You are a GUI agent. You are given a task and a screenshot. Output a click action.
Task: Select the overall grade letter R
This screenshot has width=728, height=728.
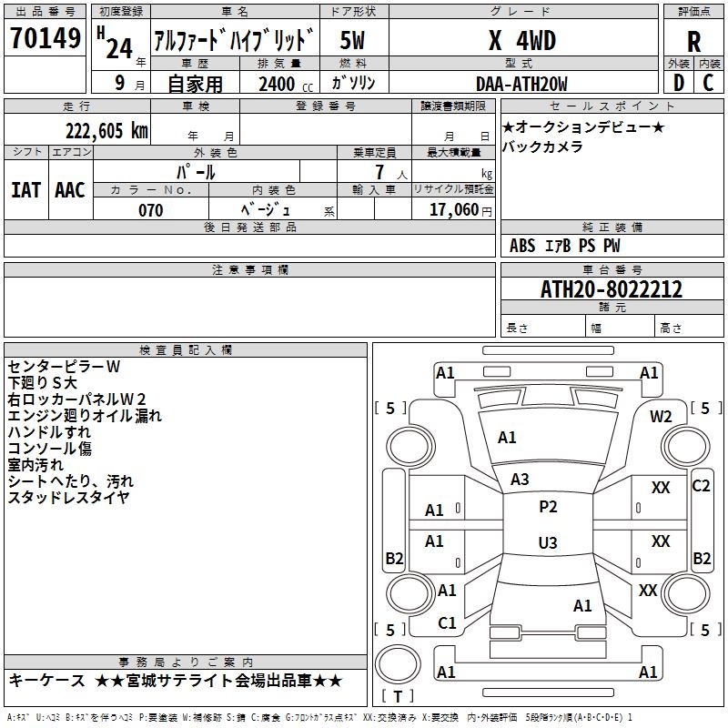coord(694,42)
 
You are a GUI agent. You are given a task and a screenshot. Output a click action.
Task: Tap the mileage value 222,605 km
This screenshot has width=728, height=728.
coord(106,131)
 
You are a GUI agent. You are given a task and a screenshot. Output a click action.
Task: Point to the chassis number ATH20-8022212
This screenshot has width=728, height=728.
coord(612,290)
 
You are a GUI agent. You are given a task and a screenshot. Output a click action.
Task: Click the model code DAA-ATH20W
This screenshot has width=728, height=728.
coord(521,85)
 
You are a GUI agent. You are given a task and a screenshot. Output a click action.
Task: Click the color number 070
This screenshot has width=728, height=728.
coord(150,210)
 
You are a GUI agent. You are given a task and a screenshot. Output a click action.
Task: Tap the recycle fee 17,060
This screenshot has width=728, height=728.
coord(452,210)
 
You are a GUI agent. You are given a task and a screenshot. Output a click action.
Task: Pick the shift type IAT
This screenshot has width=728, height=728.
coord(25,190)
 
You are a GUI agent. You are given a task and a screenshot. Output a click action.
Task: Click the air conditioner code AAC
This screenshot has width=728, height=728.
coord(69,190)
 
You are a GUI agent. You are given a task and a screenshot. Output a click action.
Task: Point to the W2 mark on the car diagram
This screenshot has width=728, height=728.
coord(661,416)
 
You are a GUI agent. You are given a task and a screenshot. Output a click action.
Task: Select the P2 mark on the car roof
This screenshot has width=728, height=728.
coord(548,507)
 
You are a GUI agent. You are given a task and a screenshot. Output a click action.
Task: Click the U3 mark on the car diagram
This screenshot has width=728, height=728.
coord(547,543)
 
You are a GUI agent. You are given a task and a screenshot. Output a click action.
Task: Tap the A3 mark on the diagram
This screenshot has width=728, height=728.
coord(520,479)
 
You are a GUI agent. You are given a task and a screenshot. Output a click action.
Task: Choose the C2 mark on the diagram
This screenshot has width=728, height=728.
coord(701,486)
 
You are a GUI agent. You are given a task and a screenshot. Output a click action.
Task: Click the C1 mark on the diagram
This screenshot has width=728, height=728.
coord(447,623)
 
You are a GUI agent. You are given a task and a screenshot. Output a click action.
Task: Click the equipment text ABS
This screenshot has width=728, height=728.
coord(522,246)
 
